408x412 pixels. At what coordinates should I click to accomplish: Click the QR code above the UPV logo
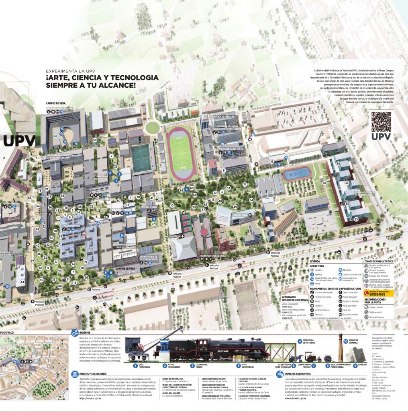(381, 122)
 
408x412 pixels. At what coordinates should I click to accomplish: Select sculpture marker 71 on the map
(245, 184)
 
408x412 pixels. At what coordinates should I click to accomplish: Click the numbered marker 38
(324, 183)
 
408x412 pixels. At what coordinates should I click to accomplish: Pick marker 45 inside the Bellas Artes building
(56, 136)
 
